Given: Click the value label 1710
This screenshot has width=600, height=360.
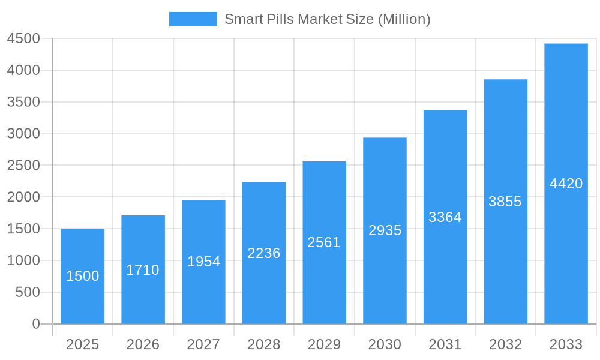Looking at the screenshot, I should (x=143, y=270).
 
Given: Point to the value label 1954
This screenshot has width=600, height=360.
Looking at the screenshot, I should (x=204, y=262).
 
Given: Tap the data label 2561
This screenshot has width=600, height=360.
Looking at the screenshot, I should (x=324, y=242).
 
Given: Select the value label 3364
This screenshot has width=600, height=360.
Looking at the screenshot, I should (x=445, y=217).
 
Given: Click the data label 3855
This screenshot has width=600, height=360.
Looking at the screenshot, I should (x=505, y=202).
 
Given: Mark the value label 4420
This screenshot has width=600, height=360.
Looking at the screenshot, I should (x=566, y=184).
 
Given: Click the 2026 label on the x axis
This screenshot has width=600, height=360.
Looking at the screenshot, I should (x=143, y=344).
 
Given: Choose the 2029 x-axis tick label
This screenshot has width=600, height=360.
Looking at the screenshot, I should (x=324, y=344).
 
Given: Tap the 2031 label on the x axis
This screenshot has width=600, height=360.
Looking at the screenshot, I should (x=445, y=344).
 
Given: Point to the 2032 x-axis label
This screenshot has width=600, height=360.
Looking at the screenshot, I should (x=505, y=344).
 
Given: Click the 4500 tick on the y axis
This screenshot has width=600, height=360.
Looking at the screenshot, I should (x=23, y=38).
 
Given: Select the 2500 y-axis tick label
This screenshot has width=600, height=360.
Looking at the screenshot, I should (x=23, y=165).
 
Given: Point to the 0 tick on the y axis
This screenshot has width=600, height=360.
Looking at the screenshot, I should (x=35, y=324).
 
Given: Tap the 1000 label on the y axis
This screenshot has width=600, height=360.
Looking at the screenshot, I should (x=23, y=260).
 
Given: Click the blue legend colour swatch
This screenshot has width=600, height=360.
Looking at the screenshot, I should (x=193, y=19).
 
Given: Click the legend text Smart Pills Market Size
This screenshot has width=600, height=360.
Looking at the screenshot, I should (x=328, y=19).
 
